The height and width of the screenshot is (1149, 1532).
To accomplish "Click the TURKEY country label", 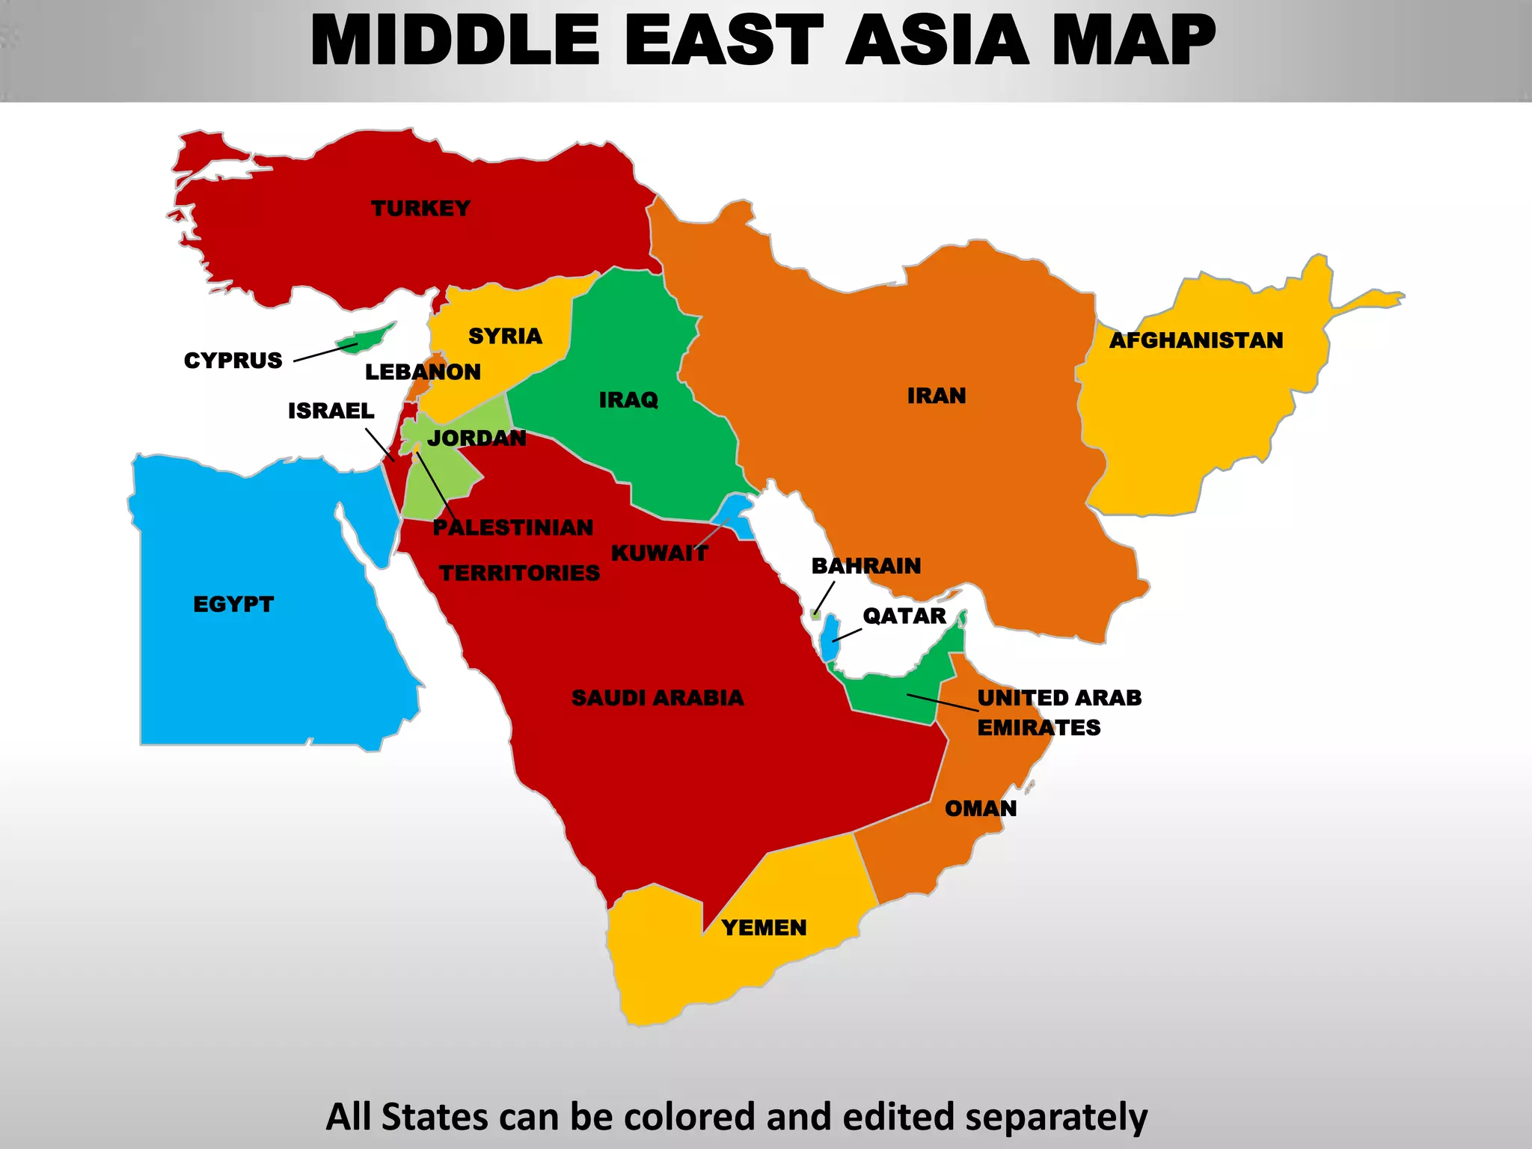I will [x=420, y=208].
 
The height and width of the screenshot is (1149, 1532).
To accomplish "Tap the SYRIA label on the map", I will [x=505, y=336].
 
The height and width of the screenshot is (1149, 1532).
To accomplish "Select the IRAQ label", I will [x=628, y=400].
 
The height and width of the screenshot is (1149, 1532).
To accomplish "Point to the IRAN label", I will [x=937, y=396].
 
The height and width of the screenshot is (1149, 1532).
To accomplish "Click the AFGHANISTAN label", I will [x=1195, y=340].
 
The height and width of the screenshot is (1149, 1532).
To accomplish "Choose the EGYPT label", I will [x=233, y=604].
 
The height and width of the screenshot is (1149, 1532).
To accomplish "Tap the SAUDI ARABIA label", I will [x=658, y=698].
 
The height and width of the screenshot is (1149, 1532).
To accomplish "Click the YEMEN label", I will [x=764, y=928].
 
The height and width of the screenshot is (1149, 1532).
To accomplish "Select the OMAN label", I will [x=981, y=809].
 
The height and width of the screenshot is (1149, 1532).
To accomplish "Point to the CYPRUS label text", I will [x=233, y=361].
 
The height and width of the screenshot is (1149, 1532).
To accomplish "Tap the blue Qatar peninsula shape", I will [x=829, y=638].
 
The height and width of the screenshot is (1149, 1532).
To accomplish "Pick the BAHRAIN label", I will [x=866, y=566].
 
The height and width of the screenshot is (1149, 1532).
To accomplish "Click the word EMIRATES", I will [x=1038, y=728].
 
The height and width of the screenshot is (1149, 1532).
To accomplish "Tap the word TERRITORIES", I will [x=519, y=573].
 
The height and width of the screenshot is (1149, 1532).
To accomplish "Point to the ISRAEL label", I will [x=331, y=411].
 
